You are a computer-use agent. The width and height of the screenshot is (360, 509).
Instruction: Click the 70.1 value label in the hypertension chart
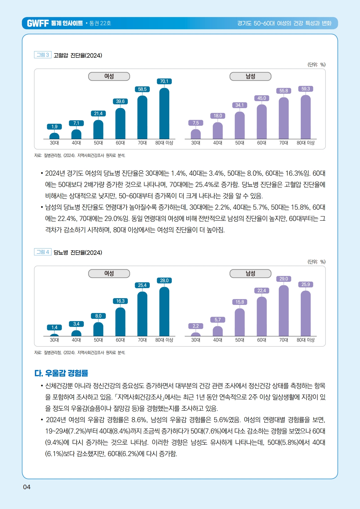pyautogui.click(x=164, y=81)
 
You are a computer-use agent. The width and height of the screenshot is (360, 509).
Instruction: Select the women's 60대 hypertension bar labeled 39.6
pyautogui.click(x=120, y=124)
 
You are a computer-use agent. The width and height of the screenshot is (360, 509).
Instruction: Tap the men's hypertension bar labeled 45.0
pyautogui.click(x=262, y=122)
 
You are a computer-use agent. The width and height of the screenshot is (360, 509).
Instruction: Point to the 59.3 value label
pyautogui.click(x=305, y=89)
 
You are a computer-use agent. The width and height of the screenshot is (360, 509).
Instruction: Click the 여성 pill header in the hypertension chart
pyautogui.click(x=109, y=76)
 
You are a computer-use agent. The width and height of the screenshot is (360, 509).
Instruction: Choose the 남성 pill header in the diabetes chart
pyautogui.click(x=250, y=274)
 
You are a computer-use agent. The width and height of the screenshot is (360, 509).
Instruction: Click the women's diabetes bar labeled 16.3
pyautogui.click(x=120, y=322)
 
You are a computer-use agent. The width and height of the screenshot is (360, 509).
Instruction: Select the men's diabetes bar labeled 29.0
pyautogui.click(x=284, y=311)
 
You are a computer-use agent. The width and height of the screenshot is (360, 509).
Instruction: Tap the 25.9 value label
pyautogui.click(x=305, y=285)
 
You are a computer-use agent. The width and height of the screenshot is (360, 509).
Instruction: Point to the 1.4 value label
pyautogui.click(x=54, y=328)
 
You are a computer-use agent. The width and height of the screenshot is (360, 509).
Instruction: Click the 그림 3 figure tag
pyautogui.click(x=43, y=55)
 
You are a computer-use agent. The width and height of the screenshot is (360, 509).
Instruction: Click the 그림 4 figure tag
pyautogui.click(x=43, y=252)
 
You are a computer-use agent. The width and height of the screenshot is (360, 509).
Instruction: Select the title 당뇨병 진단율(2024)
pyautogui.click(x=78, y=253)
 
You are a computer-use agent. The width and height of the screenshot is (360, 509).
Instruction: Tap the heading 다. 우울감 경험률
pyautogui.click(x=61, y=373)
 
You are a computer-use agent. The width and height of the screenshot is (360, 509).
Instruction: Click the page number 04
pyautogui.click(x=27, y=487)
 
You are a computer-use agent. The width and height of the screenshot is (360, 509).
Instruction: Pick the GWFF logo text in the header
pyautogui.click(x=38, y=23)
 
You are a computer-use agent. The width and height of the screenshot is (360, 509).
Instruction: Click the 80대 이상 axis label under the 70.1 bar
pyautogui.click(x=164, y=143)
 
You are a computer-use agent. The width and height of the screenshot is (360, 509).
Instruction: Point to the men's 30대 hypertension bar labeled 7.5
pyautogui.click(x=196, y=134)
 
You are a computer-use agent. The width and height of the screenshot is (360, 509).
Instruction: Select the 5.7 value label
pyautogui.click(x=218, y=320)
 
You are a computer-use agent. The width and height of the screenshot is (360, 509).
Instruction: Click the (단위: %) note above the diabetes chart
pyautogui.click(x=316, y=262)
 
